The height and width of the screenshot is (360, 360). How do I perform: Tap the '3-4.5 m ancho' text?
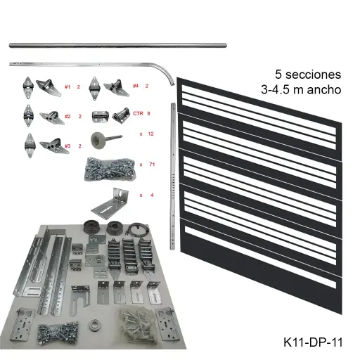300,89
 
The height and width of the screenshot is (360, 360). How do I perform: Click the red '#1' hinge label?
67,86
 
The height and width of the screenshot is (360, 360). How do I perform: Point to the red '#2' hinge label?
67,116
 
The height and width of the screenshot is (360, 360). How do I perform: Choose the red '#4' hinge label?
134,86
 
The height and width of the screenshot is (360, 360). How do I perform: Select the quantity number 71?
151,164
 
